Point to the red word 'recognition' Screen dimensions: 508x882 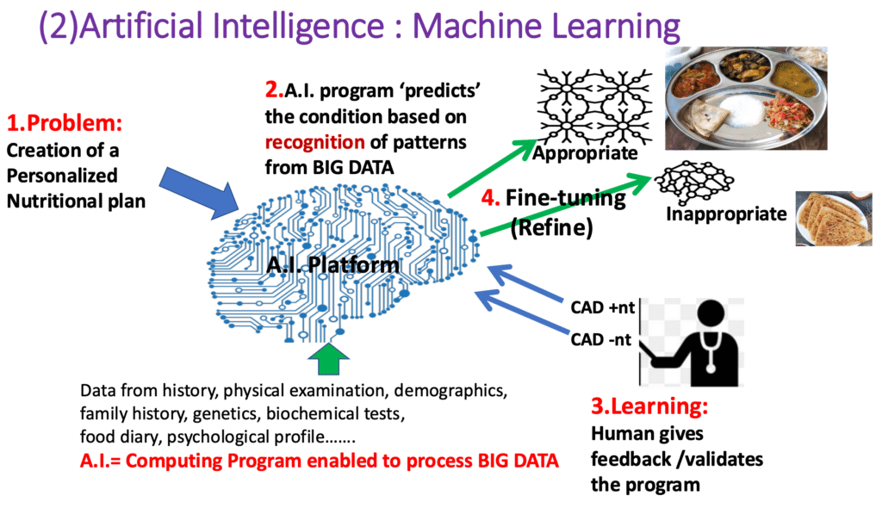point(310,141)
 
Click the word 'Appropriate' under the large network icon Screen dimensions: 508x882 point(585,154)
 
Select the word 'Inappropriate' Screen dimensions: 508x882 point(726,214)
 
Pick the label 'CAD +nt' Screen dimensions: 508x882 point(600,306)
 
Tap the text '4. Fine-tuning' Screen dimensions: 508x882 point(554,198)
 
